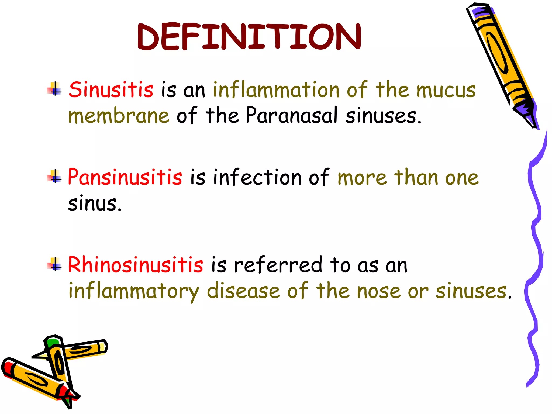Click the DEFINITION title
coord(249,37)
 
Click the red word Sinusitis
coord(111,89)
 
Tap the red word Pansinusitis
coord(125,177)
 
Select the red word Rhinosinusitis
coord(136,265)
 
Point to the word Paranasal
coord(291,115)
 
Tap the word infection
coord(257,177)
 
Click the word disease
coord(243,291)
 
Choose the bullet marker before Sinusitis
coord(55,89)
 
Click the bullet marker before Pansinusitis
coord(55,177)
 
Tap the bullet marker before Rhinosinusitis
coord(55,264)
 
